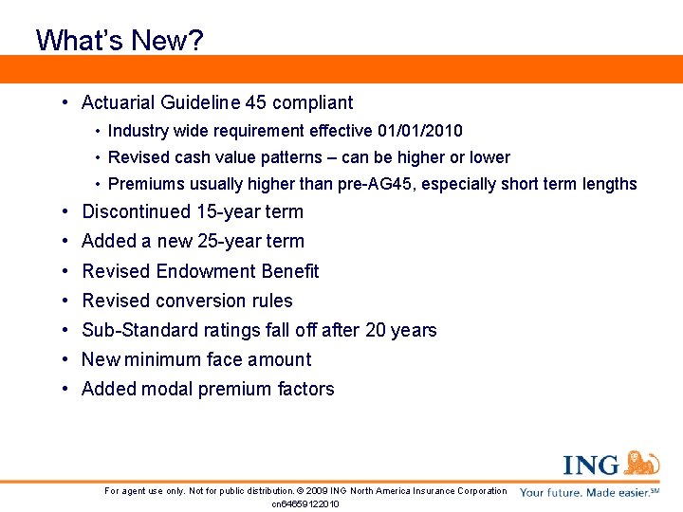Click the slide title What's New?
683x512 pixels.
(x=120, y=40)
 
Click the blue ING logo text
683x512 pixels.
(x=591, y=466)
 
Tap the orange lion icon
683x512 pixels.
(x=642, y=464)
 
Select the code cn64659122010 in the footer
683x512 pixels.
(x=305, y=503)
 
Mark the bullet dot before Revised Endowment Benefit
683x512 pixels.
(x=62, y=271)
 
